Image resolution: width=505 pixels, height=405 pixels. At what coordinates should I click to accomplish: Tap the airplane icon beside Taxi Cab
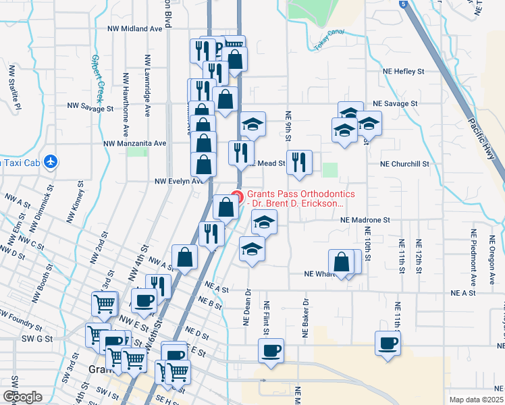49,162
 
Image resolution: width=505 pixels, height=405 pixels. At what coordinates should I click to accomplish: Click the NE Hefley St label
401,71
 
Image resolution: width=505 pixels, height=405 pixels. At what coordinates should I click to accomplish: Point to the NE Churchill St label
404,163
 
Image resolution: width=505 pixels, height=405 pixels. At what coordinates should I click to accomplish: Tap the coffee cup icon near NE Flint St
271,351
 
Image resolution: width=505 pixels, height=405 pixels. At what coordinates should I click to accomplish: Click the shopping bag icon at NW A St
185,256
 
